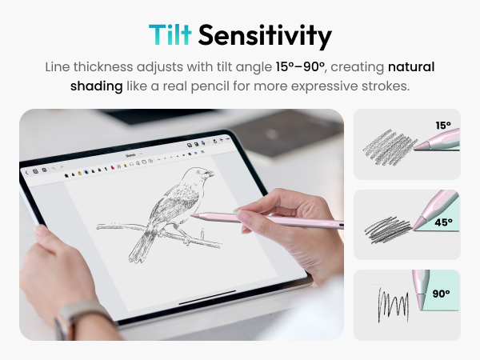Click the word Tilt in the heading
(170, 35)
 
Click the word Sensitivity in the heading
(265, 35)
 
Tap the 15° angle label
(443, 125)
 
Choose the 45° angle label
(443, 222)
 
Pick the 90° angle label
(441, 294)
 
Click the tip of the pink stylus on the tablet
(193, 214)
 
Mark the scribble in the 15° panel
(390, 146)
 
